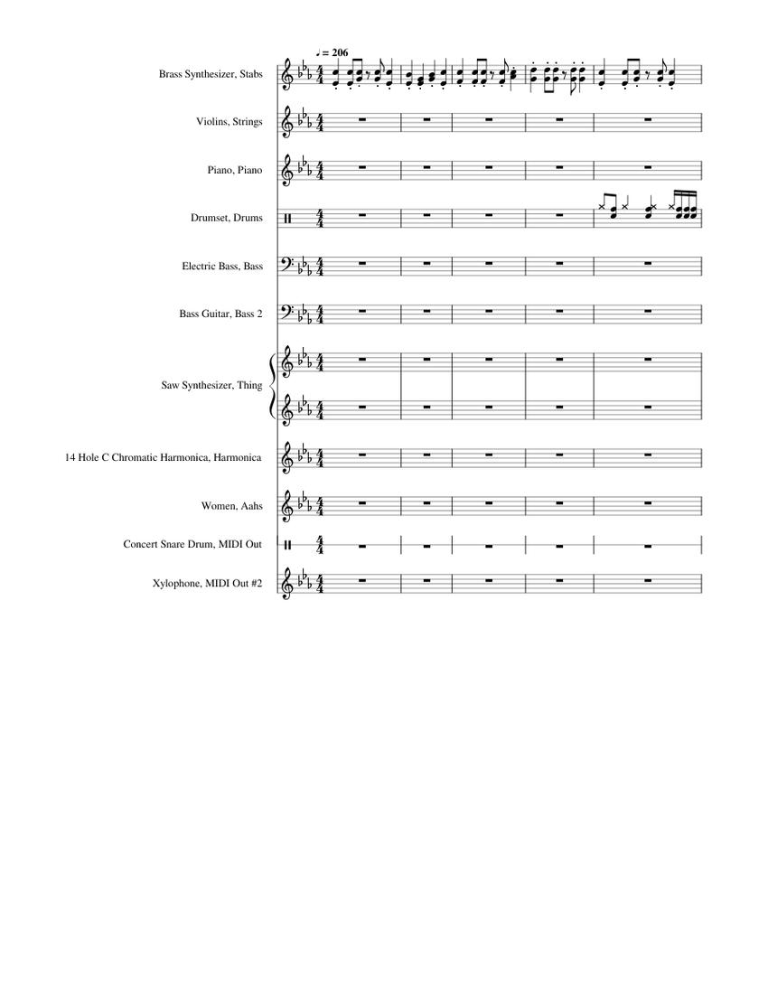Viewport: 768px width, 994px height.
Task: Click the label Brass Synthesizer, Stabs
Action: [210, 74]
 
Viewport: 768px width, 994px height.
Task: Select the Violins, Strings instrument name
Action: [229, 121]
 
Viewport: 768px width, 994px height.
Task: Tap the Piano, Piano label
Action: [234, 169]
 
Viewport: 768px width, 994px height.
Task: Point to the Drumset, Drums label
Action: [227, 218]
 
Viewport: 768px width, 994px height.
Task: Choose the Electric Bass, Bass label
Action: [222, 266]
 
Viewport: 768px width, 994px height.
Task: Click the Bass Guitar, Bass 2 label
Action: [221, 314]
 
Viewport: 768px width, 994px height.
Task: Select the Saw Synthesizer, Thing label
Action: [211, 386]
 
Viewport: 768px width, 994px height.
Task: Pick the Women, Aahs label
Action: [232, 506]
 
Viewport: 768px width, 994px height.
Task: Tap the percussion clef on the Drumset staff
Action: [288, 218]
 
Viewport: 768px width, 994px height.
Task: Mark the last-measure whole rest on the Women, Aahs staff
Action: [648, 503]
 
